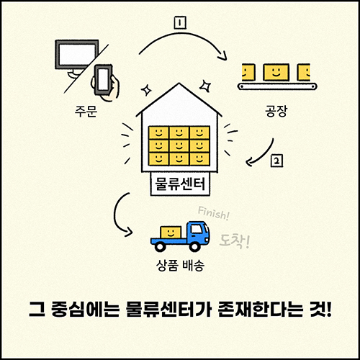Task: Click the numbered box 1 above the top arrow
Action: click(180, 23)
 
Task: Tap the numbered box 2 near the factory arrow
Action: click(276, 161)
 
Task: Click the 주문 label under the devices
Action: click(86, 111)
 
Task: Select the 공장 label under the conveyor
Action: click(276, 111)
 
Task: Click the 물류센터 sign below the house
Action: click(180, 184)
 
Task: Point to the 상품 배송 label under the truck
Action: click(180, 266)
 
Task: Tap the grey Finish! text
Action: click(213, 213)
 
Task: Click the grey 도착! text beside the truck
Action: click(235, 241)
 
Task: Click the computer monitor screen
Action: click(77, 54)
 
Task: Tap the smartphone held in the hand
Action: click(104, 79)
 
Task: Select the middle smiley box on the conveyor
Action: click(276, 72)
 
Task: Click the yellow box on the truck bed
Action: click(171, 232)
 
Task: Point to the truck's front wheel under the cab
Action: click(195, 246)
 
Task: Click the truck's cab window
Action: click(197, 230)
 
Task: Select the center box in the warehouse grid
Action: click(179, 145)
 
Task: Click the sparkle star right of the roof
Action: click(206, 86)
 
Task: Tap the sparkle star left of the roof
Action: click(146, 90)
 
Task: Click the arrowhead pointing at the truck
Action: click(128, 232)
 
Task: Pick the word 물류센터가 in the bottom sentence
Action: click(168, 310)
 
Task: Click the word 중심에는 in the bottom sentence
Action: click(85, 310)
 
